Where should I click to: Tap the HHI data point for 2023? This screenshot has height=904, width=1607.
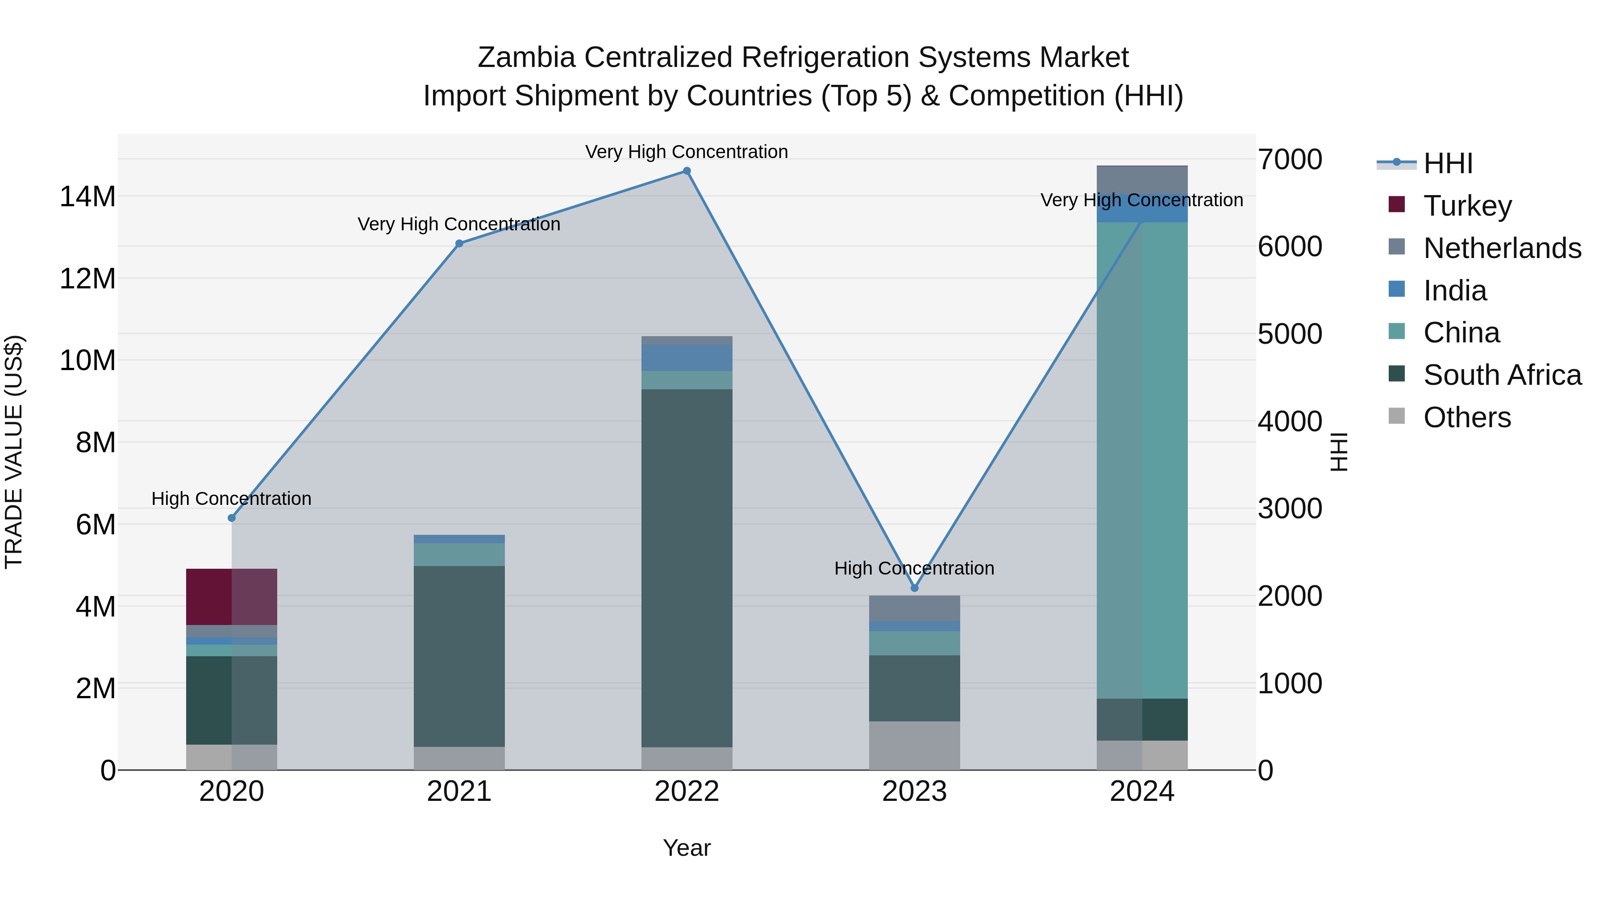[915, 587]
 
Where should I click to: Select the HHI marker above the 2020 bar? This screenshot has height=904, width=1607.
[231, 518]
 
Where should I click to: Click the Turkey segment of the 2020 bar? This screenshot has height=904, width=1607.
[231, 596]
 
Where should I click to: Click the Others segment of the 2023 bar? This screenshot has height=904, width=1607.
[915, 746]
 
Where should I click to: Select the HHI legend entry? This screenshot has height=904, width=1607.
[1447, 163]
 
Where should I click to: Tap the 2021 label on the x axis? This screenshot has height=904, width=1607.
[459, 792]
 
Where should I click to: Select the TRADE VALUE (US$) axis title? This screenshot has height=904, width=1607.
[14, 452]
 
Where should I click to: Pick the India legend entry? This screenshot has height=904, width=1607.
[1455, 291]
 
